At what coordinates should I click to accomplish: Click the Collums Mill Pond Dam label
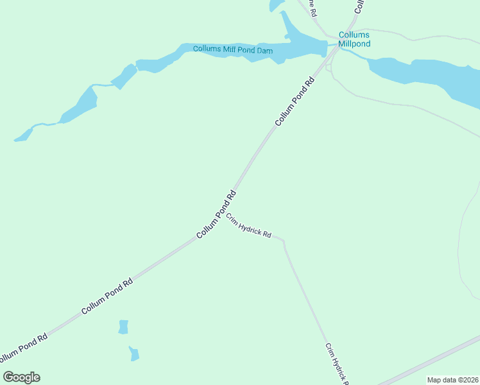tap(234, 49)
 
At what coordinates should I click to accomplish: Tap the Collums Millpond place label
tap(355, 40)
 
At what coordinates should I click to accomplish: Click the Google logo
tap(22, 377)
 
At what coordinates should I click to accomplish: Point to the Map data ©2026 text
tap(452, 380)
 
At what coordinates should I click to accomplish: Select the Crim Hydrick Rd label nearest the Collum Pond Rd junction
tap(249, 225)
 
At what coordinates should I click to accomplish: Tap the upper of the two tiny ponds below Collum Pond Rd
tap(123, 327)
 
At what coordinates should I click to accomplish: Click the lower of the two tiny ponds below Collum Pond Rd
tap(134, 354)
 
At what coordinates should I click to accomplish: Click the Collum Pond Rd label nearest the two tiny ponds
tap(107, 296)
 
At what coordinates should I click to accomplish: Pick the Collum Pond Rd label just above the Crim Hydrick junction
tap(217, 214)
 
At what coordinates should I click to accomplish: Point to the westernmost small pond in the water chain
tap(24, 134)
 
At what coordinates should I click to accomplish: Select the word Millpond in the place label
tap(355, 44)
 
